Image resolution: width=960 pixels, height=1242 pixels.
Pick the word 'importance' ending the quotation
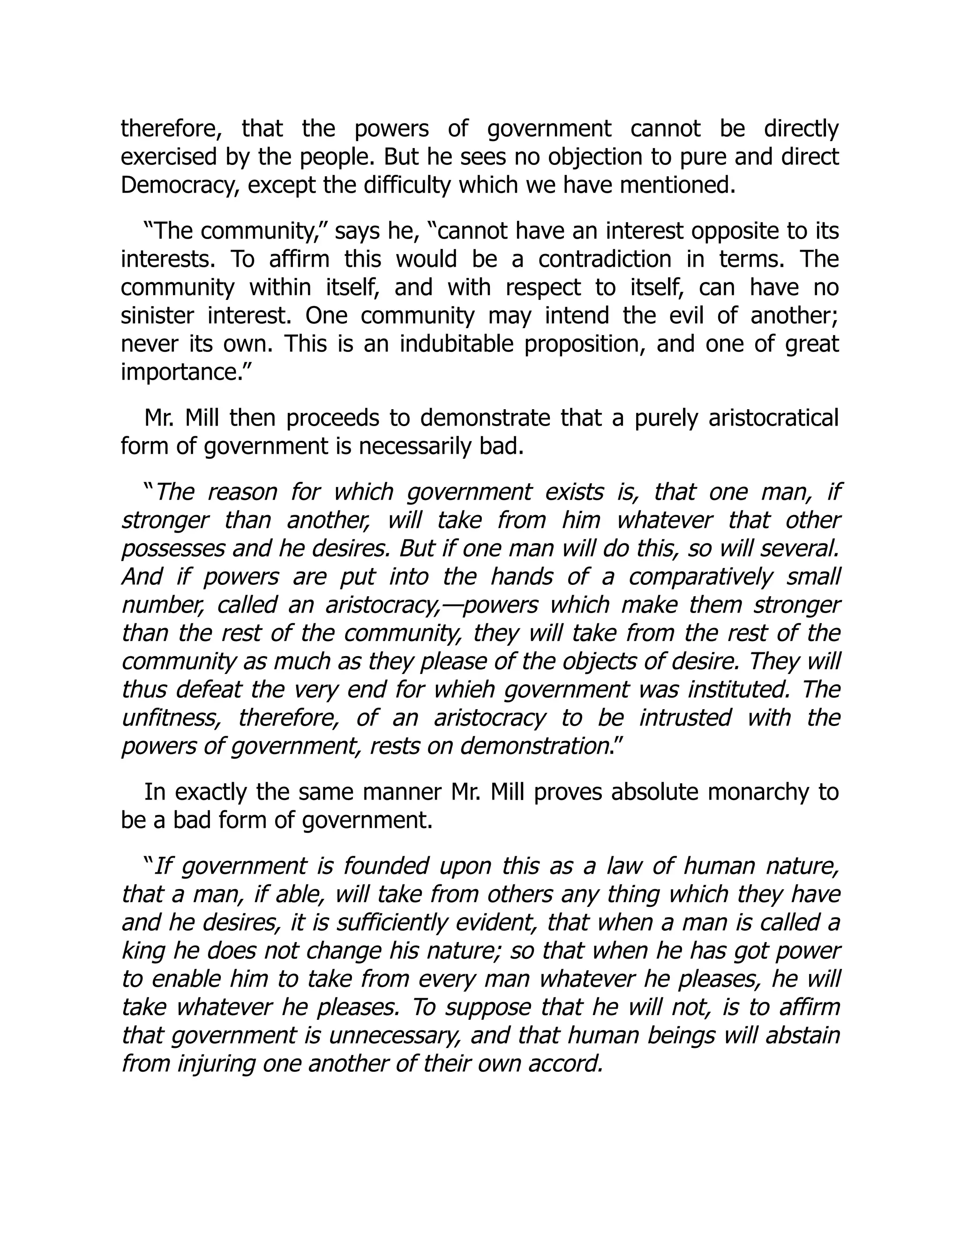(176, 373)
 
